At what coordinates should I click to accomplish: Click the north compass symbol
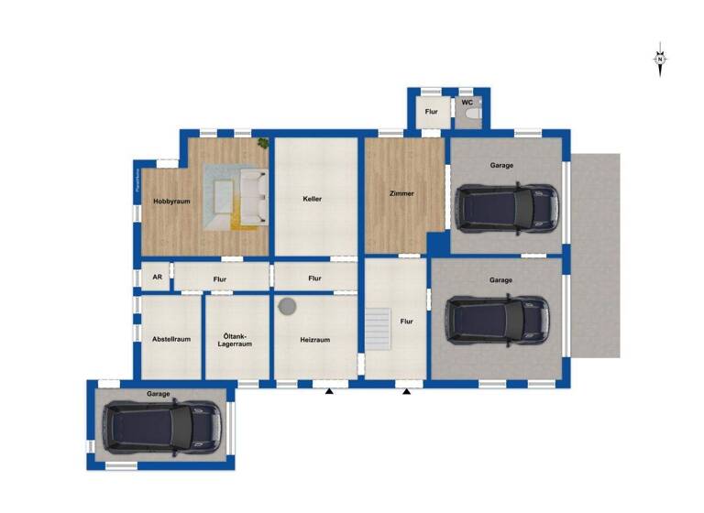(660, 60)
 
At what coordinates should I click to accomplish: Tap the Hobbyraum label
(171, 202)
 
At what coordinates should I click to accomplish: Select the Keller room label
(313, 198)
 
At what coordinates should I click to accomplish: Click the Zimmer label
(401, 193)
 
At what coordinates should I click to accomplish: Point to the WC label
(467, 103)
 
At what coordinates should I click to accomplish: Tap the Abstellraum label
(171, 339)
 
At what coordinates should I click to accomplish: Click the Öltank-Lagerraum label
(236, 340)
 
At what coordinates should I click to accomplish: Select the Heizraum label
(314, 339)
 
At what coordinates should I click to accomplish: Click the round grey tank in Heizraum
(287, 306)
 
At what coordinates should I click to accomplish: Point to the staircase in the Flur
(379, 329)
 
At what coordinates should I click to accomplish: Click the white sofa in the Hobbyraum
(254, 193)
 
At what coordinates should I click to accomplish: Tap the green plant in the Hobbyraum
(263, 142)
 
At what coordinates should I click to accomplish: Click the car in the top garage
(507, 208)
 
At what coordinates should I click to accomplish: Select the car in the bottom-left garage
(161, 426)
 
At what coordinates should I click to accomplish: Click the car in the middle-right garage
(496, 320)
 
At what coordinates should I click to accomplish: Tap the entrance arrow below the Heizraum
(328, 392)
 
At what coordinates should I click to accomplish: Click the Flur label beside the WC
(431, 113)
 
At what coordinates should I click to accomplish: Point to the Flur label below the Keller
(314, 278)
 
